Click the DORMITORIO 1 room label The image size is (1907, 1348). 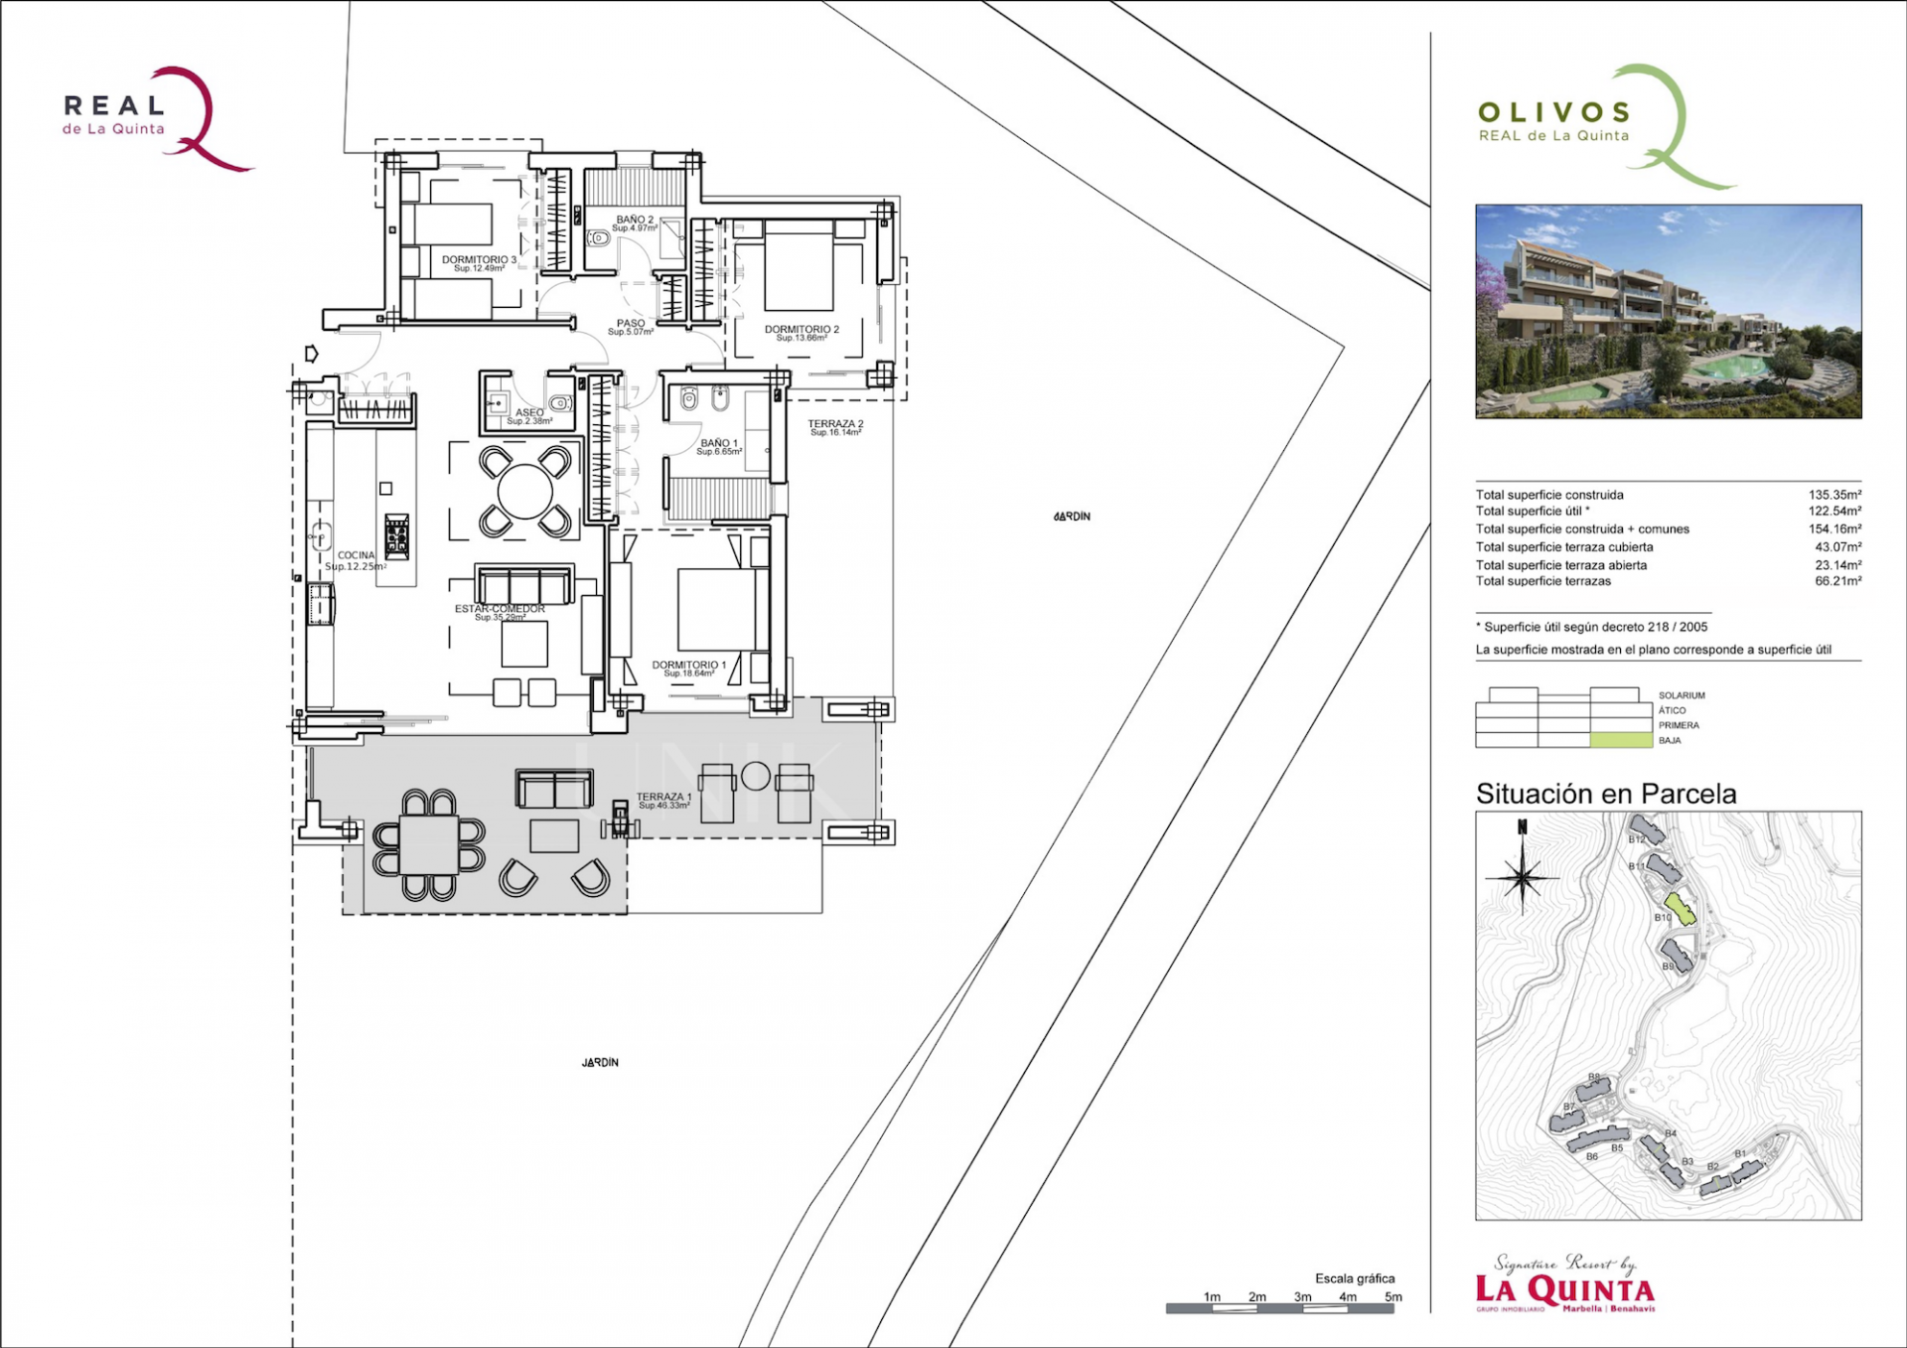pos(688,666)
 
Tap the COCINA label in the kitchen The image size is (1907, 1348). pos(356,556)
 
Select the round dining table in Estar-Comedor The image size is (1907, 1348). pos(524,492)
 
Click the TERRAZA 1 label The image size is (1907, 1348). pos(663,798)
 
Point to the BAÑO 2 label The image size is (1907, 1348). pos(635,221)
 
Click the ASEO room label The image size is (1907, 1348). pos(528,413)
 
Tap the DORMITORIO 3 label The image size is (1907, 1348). pos(479,260)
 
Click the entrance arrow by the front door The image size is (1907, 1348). pos(312,354)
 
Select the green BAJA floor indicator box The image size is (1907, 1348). pos(1621,740)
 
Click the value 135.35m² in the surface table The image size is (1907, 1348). pos(1834,495)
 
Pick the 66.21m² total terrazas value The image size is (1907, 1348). pos(1837,581)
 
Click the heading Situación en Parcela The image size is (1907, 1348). pos(1605,794)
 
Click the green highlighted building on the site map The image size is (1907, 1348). pos(1680,907)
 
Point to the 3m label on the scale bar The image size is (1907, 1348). pos(1302,1296)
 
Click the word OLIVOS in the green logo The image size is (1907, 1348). pos(1554,112)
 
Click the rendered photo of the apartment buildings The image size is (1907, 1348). pos(1668,311)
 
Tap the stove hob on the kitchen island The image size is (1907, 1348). pos(396,535)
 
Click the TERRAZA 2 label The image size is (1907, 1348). pos(834,424)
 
